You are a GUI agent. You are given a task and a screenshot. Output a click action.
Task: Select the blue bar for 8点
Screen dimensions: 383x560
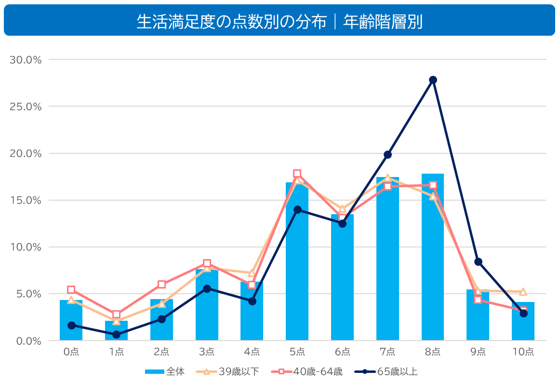tap(432, 260)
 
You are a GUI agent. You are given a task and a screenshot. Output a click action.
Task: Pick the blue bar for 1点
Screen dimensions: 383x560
tap(116, 332)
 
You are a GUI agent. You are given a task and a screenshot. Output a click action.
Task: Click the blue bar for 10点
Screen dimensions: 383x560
tap(523, 322)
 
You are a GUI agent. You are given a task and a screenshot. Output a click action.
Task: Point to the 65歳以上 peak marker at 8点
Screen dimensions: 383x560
tap(433, 80)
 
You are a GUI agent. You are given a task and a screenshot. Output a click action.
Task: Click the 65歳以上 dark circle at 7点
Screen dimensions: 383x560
tap(387, 154)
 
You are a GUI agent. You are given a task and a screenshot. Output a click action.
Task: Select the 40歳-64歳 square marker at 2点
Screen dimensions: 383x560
tap(161, 285)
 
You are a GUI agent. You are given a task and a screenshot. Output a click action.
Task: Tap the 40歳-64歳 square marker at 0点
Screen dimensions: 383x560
tap(71, 290)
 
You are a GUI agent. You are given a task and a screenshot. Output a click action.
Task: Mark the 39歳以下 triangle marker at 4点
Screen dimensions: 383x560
tap(252, 273)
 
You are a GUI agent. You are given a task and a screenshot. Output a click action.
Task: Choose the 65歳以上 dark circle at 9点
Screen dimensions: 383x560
tap(478, 262)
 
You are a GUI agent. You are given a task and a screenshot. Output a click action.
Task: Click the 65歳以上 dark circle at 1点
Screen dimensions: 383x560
tap(116, 334)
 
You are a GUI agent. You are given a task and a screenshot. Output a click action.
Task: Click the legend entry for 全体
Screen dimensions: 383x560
tap(165, 371)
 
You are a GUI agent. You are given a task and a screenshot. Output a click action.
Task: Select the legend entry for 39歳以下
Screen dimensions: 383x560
tap(228, 371)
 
